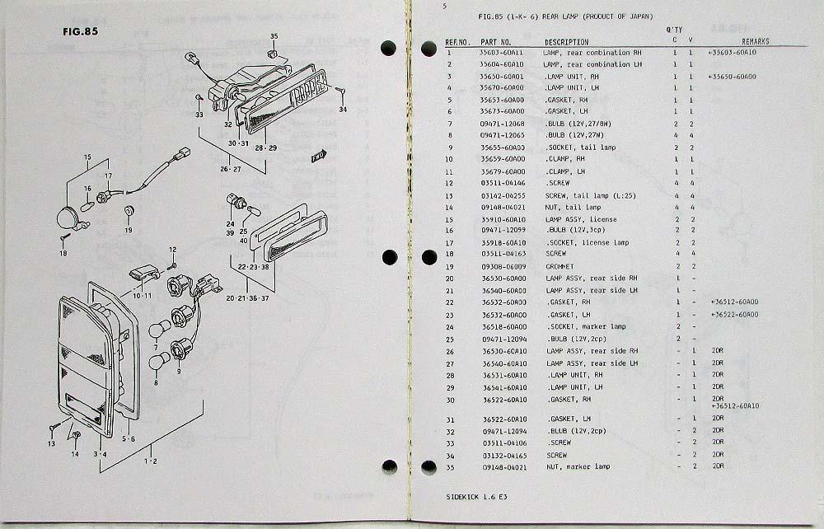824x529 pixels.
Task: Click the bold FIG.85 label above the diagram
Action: coord(78,31)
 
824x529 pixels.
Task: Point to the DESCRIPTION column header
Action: coord(566,42)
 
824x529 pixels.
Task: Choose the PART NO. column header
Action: coord(495,42)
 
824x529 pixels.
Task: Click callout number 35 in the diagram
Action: coord(274,36)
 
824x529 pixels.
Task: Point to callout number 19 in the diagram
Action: coord(128,230)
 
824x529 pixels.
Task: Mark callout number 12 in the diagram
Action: coord(172,249)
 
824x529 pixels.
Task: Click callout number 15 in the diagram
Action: coord(86,157)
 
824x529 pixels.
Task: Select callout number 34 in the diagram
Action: coord(343,109)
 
